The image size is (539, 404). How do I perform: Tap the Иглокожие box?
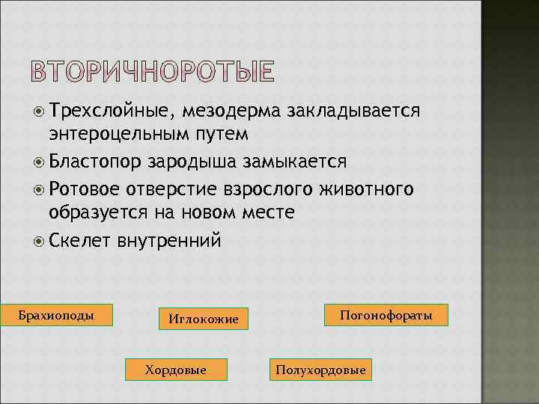click(x=203, y=319)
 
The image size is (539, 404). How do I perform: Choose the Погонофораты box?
click(x=386, y=315)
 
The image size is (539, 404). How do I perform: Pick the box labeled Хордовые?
click(x=176, y=369)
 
